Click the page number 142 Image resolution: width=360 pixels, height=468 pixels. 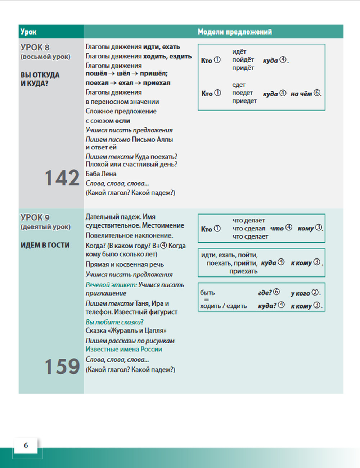tap(62, 178)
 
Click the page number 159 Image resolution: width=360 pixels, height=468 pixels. tap(62, 366)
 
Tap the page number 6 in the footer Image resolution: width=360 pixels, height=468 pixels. tap(26, 445)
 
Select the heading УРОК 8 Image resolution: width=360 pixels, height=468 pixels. tap(35, 48)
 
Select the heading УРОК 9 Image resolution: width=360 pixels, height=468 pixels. tap(35, 217)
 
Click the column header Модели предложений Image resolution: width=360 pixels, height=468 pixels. tap(235, 32)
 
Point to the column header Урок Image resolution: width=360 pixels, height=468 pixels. tap(28, 32)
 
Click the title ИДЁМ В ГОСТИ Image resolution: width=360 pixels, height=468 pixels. tap(45, 245)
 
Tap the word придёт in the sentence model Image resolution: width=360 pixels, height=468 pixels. tap(243, 68)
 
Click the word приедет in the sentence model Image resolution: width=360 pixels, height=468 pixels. tap(244, 101)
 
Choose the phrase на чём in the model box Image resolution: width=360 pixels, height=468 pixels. tap(301, 94)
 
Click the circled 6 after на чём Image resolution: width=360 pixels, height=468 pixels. tap(317, 93)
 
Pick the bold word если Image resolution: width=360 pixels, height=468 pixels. tap(122, 121)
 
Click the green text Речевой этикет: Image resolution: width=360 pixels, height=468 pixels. tap(111, 284)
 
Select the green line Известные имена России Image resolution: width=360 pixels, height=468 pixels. tap(124, 349)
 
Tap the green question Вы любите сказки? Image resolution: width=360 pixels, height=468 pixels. tap(114, 322)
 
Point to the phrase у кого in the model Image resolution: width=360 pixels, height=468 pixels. tap(300, 293)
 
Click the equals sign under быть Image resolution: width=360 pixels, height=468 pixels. tap(206, 300)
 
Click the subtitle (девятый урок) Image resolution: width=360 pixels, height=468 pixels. tap(45, 227)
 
